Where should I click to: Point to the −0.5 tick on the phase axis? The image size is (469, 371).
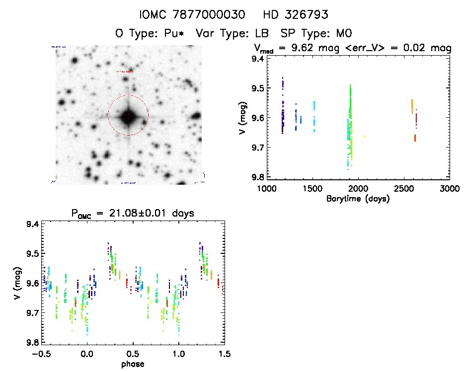(41, 354)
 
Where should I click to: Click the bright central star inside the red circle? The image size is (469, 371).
(128, 116)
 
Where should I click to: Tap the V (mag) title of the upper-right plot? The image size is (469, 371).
(243, 118)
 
